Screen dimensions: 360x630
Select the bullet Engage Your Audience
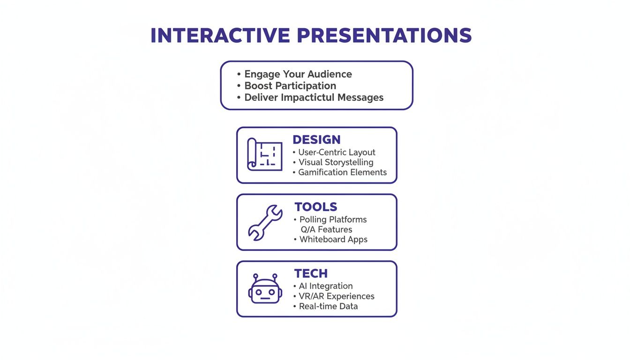tap(298, 74)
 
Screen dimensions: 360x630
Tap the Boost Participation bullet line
tap(290, 86)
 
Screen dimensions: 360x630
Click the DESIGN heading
tap(316, 140)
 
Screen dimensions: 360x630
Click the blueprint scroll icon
tap(264, 154)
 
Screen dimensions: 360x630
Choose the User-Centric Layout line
tap(337, 152)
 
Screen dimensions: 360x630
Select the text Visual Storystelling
tap(336, 162)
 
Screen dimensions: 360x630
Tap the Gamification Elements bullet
tap(342, 172)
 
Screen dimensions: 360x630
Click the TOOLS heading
tap(315, 207)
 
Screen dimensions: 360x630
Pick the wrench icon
tap(265, 222)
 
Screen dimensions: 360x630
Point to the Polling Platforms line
tap(333, 219)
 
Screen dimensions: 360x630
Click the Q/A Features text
tap(326, 230)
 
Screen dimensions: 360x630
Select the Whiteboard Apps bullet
tap(333, 239)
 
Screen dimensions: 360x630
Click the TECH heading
tap(311, 273)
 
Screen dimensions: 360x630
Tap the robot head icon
tap(265, 289)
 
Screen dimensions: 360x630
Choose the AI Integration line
tap(326, 286)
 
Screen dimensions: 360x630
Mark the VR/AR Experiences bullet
tap(336, 296)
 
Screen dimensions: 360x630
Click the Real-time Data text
tap(328, 306)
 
